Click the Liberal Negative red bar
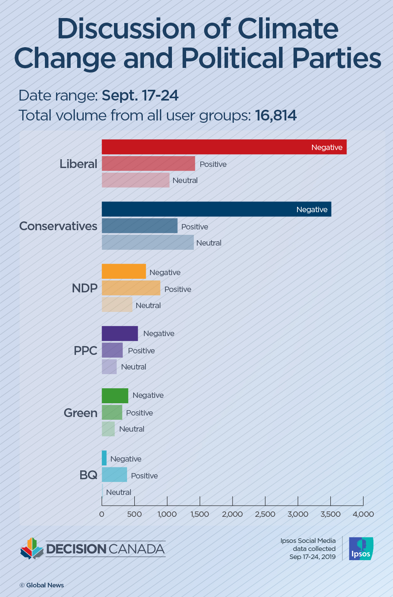pos(224,147)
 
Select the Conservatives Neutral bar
pos(148,242)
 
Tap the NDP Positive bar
pos(131,288)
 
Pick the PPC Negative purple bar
pos(120,333)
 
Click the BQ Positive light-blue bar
pos(114,475)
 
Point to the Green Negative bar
pos(115,396)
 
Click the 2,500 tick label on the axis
pos(265,514)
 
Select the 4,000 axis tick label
pos(363,514)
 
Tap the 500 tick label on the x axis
pos(134,514)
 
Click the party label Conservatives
pos(58,226)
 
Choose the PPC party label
pos(85,351)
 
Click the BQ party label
pos(88,475)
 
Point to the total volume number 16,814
pos(276,115)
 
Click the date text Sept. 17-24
pos(140,95)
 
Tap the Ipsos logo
pos(361,549)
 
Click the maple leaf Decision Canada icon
pos(32,549)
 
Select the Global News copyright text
pos(42,585)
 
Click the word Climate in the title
pos(288,29)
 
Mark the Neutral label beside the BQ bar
pos(119,492)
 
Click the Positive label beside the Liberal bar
pos(213,164)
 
